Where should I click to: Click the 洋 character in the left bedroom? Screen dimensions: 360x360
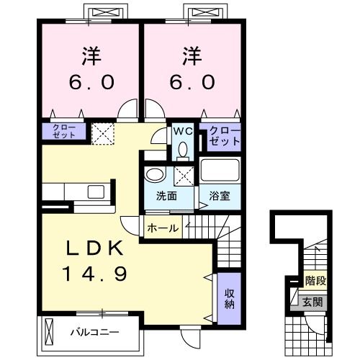(x=91, y=55)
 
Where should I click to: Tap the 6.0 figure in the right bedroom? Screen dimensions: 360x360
(x=192, y=82)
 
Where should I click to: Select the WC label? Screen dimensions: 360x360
(x=181, y=132)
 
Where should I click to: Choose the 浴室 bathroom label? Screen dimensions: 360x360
(x=220, y=197)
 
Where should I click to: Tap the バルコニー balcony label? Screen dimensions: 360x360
(x=94, y=333)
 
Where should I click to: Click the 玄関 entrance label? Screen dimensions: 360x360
(x=311, y=301)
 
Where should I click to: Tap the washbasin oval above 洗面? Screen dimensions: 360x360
(x=153, y=175)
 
